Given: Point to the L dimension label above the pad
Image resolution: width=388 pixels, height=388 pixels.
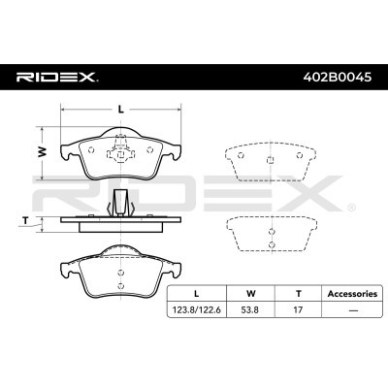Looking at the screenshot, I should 120,109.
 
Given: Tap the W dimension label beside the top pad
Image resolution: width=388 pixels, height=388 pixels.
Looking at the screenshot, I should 42,152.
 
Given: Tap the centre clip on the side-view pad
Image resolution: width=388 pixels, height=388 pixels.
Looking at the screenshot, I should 121,205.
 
